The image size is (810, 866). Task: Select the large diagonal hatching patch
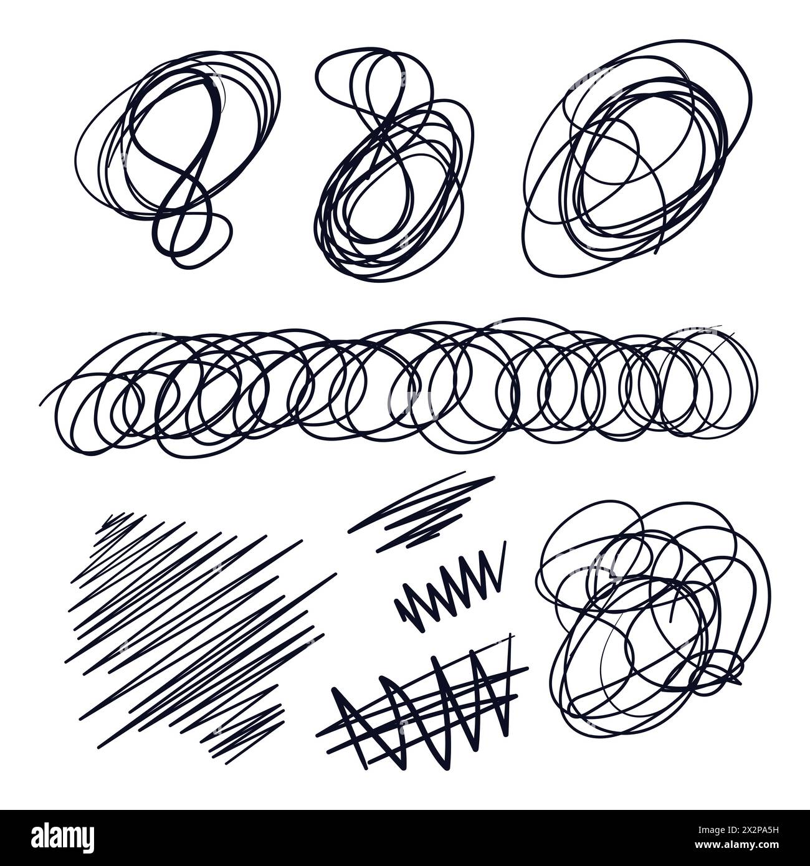(193, 629)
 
